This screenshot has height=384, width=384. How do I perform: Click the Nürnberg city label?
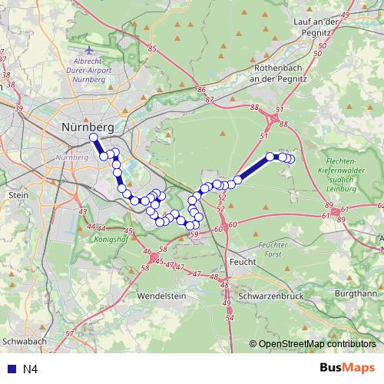(87, 126)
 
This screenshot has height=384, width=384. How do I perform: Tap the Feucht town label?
(241, 261)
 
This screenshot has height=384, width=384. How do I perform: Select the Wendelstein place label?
(162, 295)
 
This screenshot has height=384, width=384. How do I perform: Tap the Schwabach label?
(25, 339)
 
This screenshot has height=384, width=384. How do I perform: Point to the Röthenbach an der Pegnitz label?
(280, 73)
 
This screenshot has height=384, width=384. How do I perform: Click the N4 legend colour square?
(10, 369)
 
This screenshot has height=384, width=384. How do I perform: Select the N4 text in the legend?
(30, 369)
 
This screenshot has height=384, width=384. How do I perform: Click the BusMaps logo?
(347, 369)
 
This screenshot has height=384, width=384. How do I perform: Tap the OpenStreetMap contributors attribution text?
(316, 344)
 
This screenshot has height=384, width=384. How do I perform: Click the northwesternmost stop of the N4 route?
(94, 138)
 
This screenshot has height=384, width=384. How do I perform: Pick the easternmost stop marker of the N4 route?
(290, 159)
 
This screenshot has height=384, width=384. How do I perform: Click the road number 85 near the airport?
(152, 48)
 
